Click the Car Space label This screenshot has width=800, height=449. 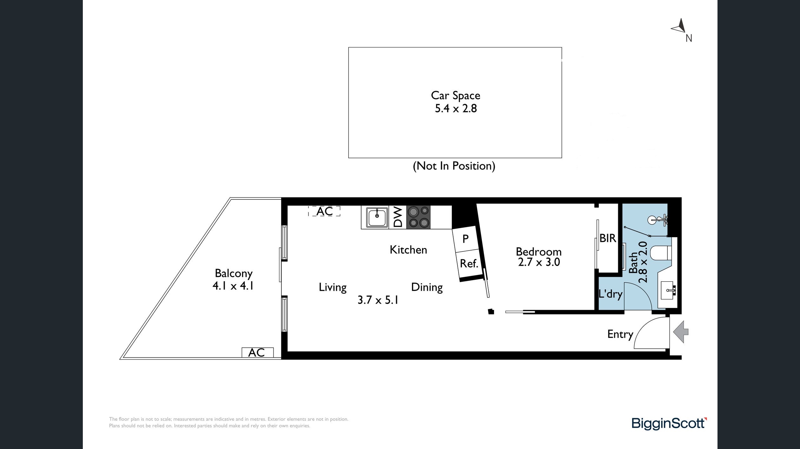(x=455, y=95)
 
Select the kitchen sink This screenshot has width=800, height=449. (x=377, y=217)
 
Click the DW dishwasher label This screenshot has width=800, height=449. (x=398, y=217)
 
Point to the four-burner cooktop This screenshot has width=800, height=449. (x=418, y=217)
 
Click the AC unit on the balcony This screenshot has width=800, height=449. (x=257, y=352)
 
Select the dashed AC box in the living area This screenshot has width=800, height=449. (x=324, y=211)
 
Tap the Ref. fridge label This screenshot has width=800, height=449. (x=469, y=263)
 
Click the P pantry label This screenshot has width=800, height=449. (x=466, y=239)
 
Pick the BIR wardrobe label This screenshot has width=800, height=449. (x=607, y=238)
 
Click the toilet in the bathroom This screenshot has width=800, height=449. (x=661, y=253)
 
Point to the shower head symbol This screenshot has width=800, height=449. (x=657, y=220)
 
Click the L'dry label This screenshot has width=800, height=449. (x=610, y=294)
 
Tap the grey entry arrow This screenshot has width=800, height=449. (x=681, y=332)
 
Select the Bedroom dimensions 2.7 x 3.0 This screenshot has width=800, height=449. (x=539, y=262)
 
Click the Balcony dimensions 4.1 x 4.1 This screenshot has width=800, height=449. (x=233, y=286)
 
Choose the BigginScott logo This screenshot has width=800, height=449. (x=669, y=423)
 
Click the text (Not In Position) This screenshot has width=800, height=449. (x=454, y=166)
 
